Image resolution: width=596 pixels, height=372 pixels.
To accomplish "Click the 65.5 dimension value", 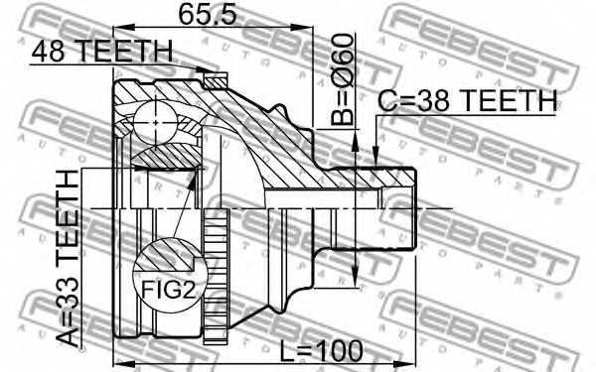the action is (208, 15).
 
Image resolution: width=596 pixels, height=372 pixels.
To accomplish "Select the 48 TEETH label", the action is (102, 52).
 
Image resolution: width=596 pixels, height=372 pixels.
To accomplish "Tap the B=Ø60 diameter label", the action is (342, 79).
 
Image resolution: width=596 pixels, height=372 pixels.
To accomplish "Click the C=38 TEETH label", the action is (467, 100).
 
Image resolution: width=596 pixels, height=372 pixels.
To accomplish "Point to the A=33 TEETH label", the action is (68, 258).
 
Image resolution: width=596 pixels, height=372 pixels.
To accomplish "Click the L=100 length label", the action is (321, 350).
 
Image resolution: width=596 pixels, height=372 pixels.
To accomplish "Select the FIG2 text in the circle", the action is (169, 290).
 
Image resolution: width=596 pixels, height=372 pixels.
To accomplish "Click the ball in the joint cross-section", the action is (156, 122).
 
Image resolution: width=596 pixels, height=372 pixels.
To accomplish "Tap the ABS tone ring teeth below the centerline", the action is (216, 276).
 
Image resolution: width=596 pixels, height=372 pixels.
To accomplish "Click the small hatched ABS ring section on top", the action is (216, 81).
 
